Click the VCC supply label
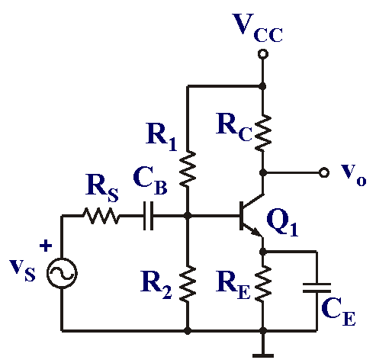pyautogui.click(x=257, y=28)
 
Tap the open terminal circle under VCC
pyautogui.click(x=263, y=54)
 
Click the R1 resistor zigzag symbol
pyautogui.click(x=188, y=169)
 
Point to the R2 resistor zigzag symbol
pyautogui.click(x=188, y=284)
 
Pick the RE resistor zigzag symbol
pyautogui.click(x=263, y=284)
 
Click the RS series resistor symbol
pyautogui.click(x=101, y=216)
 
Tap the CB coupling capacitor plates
pyautogui.click(x=149, y=216)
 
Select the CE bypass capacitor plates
pyautogui.click(x=317, y=288)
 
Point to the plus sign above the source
pyautogui.click(x=46, y=246)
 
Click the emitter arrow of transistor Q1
pyautogui.click(x=256, y=232)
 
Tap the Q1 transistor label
pyautogui.click(x=282, y=223)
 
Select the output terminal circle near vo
pyautogui.click(x=323, y=172)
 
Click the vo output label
pyautogui.click(x=353, y=175)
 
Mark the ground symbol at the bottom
pyautogui.click(x=263, y=355)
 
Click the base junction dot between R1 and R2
pyautogui.click(x=188, y=216)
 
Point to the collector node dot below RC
pyautogui.click(x=263, y=172)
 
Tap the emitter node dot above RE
pyautogui.click(x=263, y=252)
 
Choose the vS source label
pyautogui.click(x=22, y=270)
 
